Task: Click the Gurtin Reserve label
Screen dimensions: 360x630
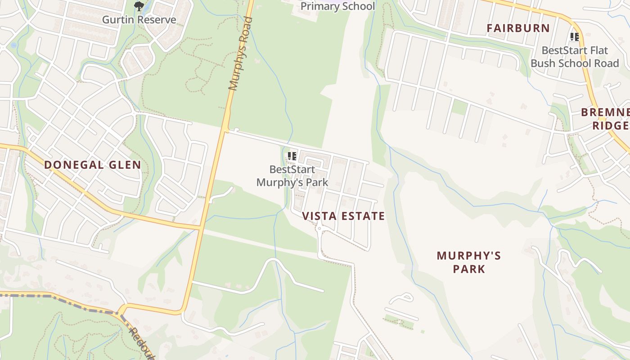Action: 139,20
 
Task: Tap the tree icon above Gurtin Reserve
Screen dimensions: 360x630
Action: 139,6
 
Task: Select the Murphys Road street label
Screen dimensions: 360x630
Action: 240,54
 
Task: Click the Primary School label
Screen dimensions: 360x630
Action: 337,6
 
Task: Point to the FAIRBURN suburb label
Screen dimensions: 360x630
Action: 518,28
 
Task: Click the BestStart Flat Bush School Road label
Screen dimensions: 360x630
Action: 575,57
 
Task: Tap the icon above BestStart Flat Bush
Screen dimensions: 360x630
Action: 574,37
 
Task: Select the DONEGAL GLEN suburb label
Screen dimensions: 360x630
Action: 93,165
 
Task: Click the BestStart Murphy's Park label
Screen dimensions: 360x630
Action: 292,176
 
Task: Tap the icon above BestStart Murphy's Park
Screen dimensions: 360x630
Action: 292,157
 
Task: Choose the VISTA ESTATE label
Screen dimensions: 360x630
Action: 343,216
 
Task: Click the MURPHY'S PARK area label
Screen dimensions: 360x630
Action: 469,262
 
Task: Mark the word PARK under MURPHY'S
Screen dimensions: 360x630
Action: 469,270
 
